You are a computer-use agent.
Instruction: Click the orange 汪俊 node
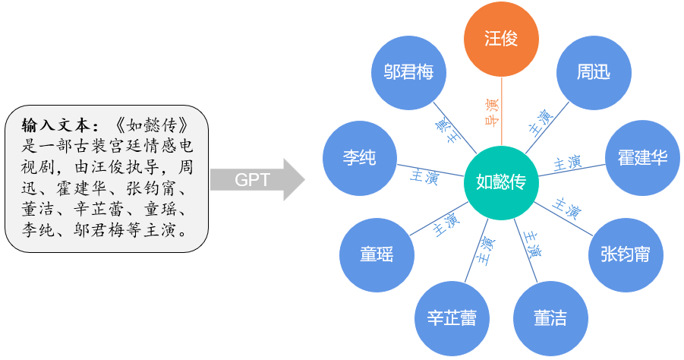click(501, 38)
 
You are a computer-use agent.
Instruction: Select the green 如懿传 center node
click(501, 182)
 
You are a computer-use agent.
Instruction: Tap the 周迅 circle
click(594, 72)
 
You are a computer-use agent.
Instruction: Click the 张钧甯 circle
click(625, 254)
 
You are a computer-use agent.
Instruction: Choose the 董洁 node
click(551, 318)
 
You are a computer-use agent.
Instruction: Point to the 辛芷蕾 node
click(452, 318)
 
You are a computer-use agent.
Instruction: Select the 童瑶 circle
click(377, 254)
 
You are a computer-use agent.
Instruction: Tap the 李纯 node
click(360, 157)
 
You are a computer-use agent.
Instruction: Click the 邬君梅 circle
click(408, 72)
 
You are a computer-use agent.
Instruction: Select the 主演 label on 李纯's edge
click(424, 175)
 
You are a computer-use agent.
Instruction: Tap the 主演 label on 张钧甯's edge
click(568, 207)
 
